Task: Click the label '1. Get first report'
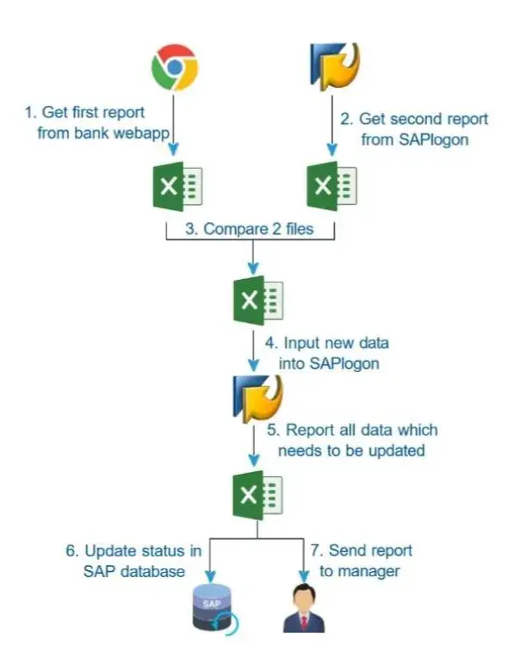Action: pos(84,112)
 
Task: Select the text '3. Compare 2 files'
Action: pos(250,230)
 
